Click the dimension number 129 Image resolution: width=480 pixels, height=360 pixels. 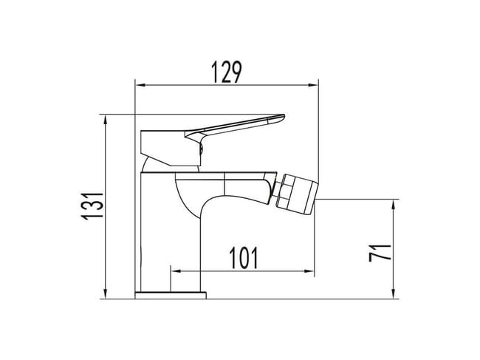click(227, 72)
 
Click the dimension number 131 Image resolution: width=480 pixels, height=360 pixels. click(92, 206)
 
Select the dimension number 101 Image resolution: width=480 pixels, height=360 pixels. click(244, 258)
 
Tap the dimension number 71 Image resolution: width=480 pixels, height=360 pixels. click(380, 253)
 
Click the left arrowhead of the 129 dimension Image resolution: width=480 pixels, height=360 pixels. click(140, 85)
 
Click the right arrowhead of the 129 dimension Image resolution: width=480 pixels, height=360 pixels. click(314, 85)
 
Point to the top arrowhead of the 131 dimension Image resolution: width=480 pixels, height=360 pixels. click(106, 119)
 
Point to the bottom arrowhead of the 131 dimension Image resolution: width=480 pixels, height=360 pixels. click(106, 294)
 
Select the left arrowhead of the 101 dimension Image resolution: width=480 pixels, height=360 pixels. click(176, 271)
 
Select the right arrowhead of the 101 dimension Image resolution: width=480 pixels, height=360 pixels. click(309, 271)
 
